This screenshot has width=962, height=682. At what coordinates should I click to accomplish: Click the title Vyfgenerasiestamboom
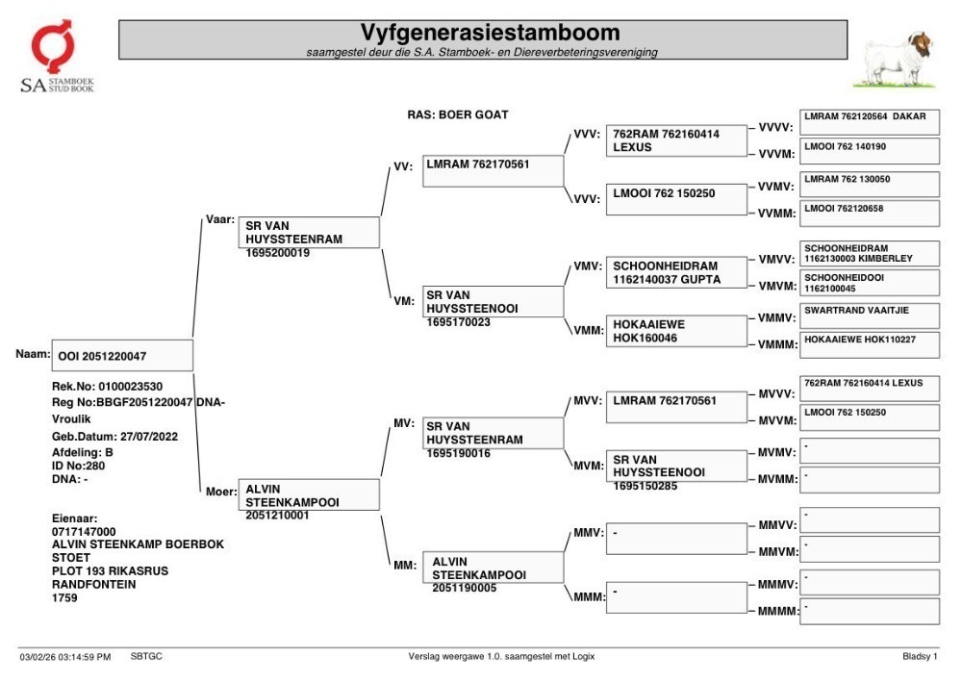(x=490, y=33)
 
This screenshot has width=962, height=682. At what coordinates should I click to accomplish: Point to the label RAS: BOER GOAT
(x=458, y=114)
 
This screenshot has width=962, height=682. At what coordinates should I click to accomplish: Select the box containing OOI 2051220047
(x=122, y=355)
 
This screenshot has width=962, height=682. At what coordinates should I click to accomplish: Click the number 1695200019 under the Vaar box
(x=277, y=253)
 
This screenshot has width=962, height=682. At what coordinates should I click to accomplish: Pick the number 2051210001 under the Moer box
(x=277, y=516)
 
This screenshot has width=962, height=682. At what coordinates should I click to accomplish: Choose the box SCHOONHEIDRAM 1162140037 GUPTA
(x=676, y=272)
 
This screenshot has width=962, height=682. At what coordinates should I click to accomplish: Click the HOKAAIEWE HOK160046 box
(x=676, y=331)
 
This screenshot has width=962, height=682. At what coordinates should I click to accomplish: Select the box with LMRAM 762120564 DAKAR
(x=870, y=122)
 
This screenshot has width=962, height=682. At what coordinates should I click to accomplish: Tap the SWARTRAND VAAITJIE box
(x=870, y=316)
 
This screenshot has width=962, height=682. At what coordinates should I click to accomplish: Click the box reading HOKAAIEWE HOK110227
(x=870, y=344)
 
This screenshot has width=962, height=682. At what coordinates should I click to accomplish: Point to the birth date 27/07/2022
(x=149, y=437)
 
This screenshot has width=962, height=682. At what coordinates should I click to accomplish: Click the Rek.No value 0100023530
(x=131, y=387)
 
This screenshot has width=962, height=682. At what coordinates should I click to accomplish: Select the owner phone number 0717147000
(x=84, y=532)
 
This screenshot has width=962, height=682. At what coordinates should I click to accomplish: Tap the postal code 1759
(x=64, y=598)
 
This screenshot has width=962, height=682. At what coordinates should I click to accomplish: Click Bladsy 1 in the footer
(x=920, y=656)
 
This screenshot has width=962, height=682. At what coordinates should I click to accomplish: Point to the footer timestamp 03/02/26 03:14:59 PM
(x=65, y=657)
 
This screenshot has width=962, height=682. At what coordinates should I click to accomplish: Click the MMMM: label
(x=778, y=612)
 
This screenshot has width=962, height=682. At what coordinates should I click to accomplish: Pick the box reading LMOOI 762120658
(x=870, y=214)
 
